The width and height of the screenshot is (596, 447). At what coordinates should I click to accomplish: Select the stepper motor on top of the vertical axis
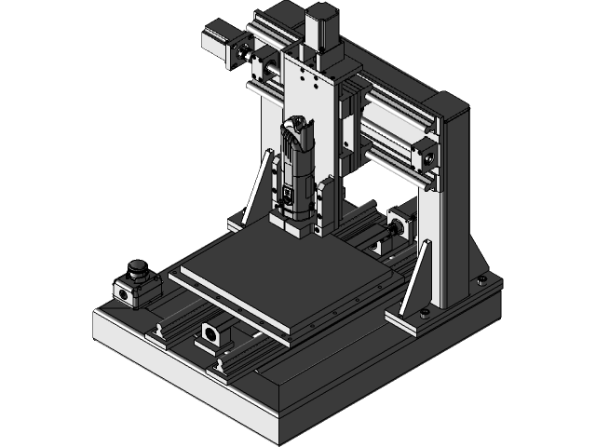pyautogui.click(x=320, y=24)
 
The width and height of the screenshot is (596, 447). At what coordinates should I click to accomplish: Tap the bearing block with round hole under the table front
pyautogui.click(x=212, y=333)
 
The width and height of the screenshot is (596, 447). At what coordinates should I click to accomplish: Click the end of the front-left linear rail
pyautogui.click(x=160, y=331)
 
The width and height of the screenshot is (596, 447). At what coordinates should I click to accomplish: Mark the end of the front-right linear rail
pyautogui.click(x=221, y=367)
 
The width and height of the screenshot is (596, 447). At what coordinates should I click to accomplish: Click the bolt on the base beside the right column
pyautogui.click(x=481, y=278)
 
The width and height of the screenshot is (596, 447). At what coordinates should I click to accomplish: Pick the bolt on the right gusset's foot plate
pyautogui.click(x=425, y=313)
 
